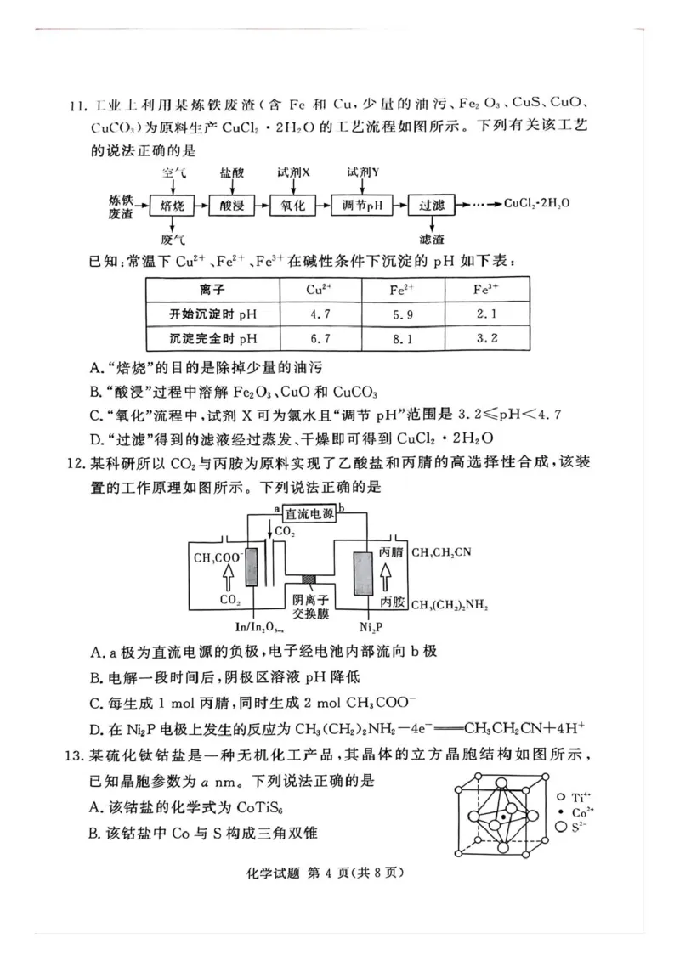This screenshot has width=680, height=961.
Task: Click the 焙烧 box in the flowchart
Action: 173,206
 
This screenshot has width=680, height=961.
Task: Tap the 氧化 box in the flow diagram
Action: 292,206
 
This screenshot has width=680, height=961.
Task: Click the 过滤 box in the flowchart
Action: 432,206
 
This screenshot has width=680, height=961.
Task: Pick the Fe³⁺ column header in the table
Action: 485,289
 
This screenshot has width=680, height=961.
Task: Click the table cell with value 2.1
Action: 485,314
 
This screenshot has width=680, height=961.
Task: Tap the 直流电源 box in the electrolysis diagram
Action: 309,512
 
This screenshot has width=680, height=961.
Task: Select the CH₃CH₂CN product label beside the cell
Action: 440,552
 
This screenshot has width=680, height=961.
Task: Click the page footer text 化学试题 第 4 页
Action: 340,873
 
